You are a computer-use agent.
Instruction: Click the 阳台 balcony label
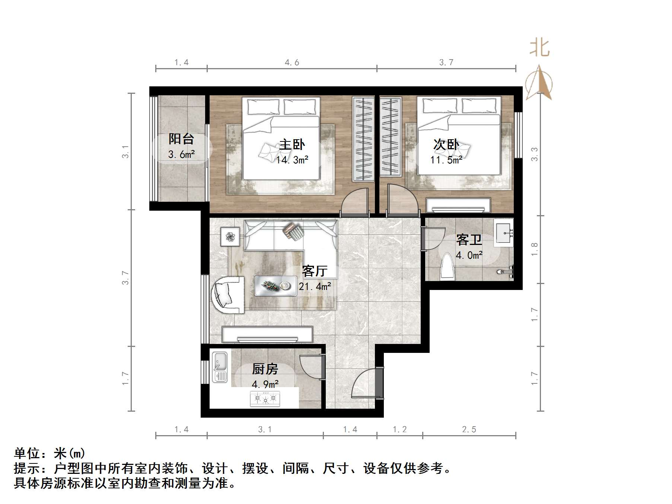point(181,139)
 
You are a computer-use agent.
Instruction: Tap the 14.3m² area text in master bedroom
point(292,160)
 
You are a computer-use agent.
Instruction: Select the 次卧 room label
point(446,144)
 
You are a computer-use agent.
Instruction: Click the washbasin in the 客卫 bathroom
point(503,233)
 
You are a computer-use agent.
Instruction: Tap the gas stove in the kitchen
point(265,399)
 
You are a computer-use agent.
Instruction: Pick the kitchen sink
point(220,367)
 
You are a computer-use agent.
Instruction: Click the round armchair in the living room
point(228,294)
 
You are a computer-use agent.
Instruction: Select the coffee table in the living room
point(276,286)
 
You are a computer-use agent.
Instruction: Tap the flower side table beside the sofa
point(230,236)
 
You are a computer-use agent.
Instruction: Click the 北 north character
point(539,48)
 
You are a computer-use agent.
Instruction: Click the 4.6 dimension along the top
point(292,63)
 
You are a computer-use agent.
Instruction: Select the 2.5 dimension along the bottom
point(469,430)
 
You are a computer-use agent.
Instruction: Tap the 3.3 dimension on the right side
point(534,154)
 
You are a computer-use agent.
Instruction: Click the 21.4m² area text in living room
point(315,287)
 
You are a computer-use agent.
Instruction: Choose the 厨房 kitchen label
point(265,369)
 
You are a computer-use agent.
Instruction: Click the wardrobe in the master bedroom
point(363,138)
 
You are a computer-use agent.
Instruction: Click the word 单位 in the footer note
point(27,453)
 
